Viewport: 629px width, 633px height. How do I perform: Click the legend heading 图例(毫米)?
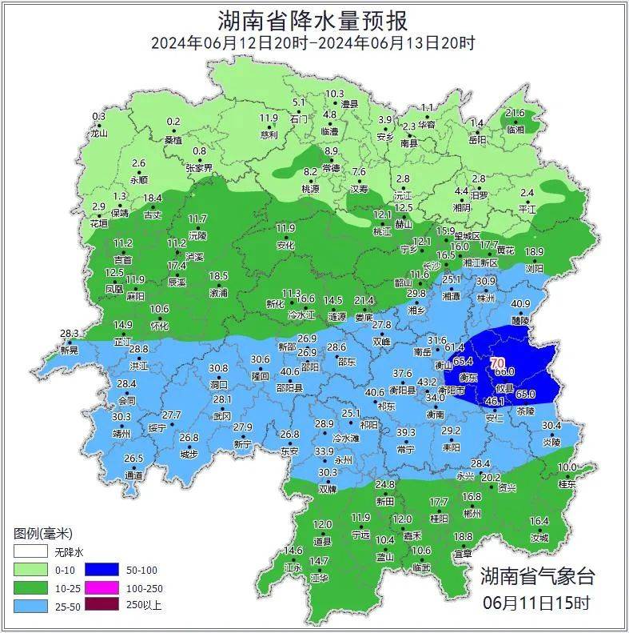tap(43, 534)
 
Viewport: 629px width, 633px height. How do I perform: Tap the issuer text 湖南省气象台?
tap(537, 575)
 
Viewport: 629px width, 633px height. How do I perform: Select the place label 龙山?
tap(98, 134)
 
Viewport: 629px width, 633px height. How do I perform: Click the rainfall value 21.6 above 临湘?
tap(516, 114)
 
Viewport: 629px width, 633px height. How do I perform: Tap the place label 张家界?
tap(199, 168)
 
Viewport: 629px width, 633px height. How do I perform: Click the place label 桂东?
tap(567, 484)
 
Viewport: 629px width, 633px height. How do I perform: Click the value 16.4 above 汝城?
tap(539, 521)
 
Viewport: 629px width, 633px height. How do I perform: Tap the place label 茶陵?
tap(525, 411)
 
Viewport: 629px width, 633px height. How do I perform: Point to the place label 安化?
tap(285, 246)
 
